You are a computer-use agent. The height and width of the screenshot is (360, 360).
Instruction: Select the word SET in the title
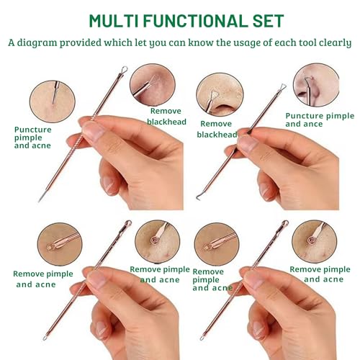tap(266, 20)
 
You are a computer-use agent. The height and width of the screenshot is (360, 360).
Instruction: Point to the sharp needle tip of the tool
tap(40, 199)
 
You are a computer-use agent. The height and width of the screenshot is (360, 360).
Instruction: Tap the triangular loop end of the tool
tap(282, 87)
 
